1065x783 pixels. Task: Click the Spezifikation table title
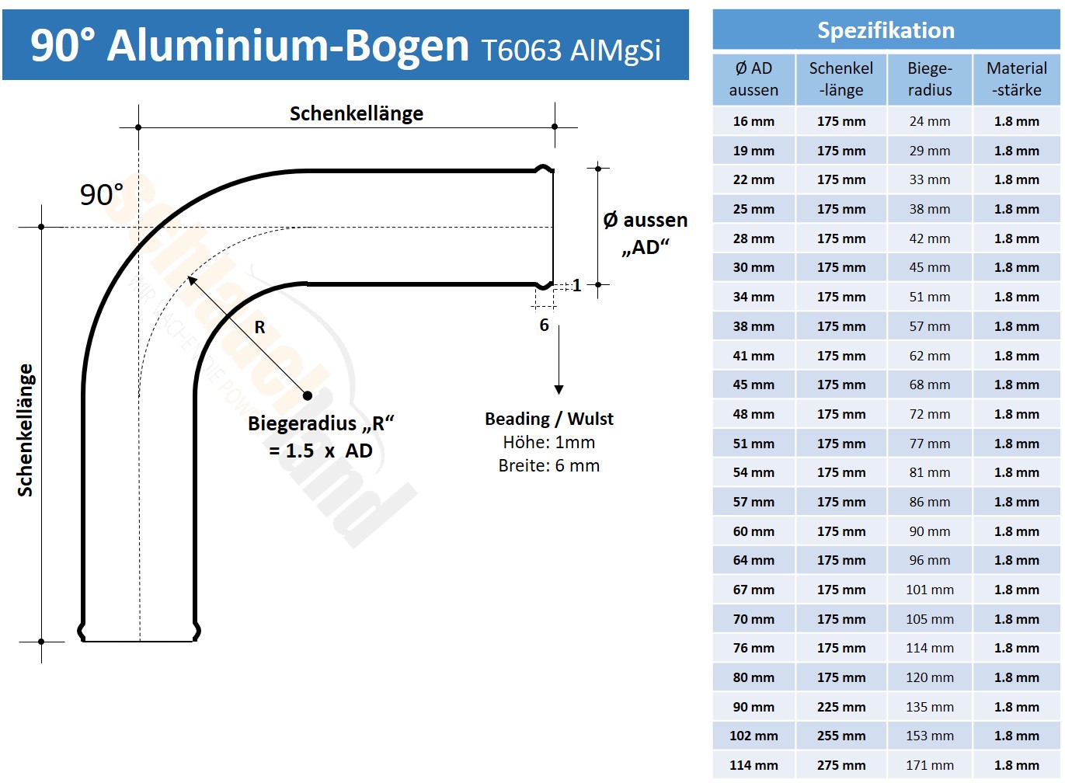886,30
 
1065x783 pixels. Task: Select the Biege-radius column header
929,78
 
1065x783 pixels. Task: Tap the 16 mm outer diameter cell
754,121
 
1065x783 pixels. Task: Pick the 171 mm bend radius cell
929,765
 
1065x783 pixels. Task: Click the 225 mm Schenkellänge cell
841,707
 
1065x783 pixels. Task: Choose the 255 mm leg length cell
841,736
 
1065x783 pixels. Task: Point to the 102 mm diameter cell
754,736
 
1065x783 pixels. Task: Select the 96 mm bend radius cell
929,560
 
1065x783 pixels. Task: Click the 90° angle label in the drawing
102,195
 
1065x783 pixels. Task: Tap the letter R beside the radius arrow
259,328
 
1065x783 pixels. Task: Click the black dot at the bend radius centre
308,395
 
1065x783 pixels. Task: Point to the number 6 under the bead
544,325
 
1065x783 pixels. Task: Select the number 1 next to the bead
576,285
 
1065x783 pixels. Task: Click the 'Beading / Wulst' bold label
548,419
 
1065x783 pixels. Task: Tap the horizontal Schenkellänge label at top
357,113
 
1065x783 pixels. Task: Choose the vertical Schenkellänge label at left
26,430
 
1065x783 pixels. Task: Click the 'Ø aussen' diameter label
645,221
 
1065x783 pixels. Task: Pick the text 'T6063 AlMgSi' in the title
571,50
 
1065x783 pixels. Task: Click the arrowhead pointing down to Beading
559,389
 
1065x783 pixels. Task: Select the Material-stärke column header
1016,78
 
